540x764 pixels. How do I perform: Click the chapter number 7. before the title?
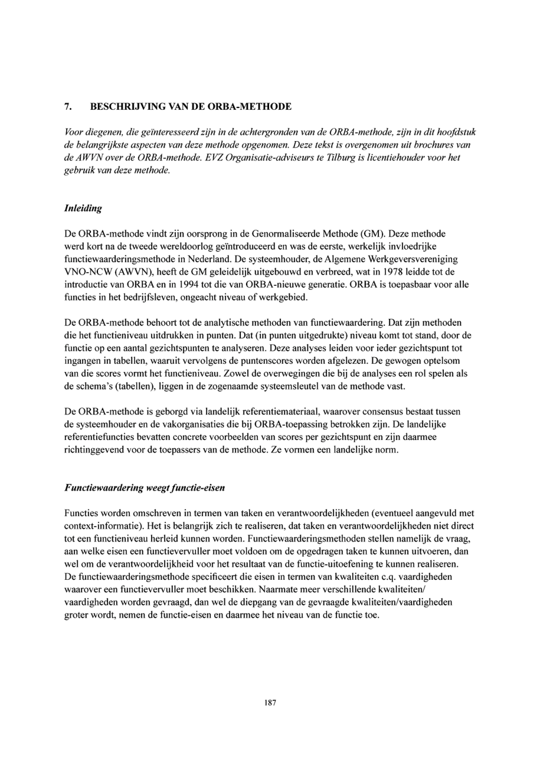coord(66,107)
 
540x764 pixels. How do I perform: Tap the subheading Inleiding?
coord(83,209)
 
